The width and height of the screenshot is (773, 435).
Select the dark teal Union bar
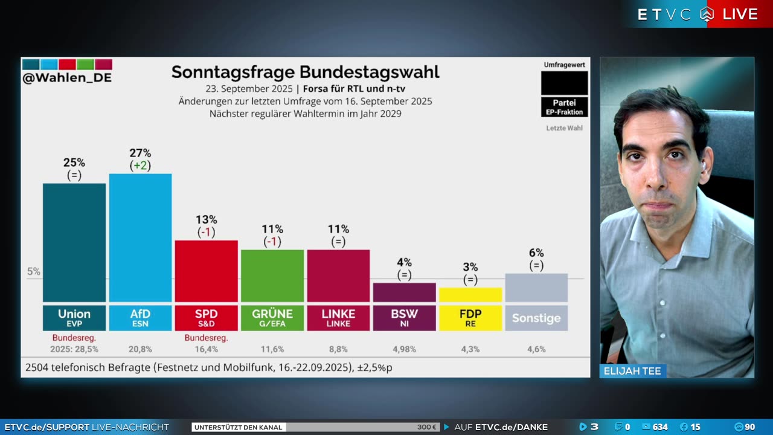click(x=74, y=242)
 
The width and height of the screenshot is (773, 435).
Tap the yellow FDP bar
click(x=470, y=295)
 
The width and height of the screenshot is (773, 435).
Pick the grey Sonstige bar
click(x=536, y=288)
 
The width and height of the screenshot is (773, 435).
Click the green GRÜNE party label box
click(x=272, y=318)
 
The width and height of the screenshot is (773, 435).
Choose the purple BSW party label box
click(x=404, y=318)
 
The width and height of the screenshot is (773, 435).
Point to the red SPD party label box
click(x=206, y=318)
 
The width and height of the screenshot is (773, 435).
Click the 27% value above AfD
click(x=140, y=153)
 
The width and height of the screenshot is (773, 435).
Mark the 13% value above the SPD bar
click(x=206, y=219)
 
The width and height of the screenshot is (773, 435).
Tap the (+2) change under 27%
click(x=140, y=166)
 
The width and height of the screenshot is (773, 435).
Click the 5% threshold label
click(x=34, y=272)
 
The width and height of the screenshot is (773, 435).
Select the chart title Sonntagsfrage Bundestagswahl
click(x=305, y=72)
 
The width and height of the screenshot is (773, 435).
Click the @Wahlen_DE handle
click(x=67, y=78)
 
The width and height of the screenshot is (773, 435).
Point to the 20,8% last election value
click(x=140, y=349)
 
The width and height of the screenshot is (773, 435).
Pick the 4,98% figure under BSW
click(x=404, y=349)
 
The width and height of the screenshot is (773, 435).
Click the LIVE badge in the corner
click(x=740, y=14)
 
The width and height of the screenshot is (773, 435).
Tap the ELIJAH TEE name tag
click(x=632, y=371)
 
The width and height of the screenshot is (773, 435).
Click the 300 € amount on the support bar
click(x=426, y=427)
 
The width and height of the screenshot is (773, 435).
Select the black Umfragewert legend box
click(x=564, y=83)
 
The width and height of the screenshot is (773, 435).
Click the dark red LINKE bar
click(x=338, y=275)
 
